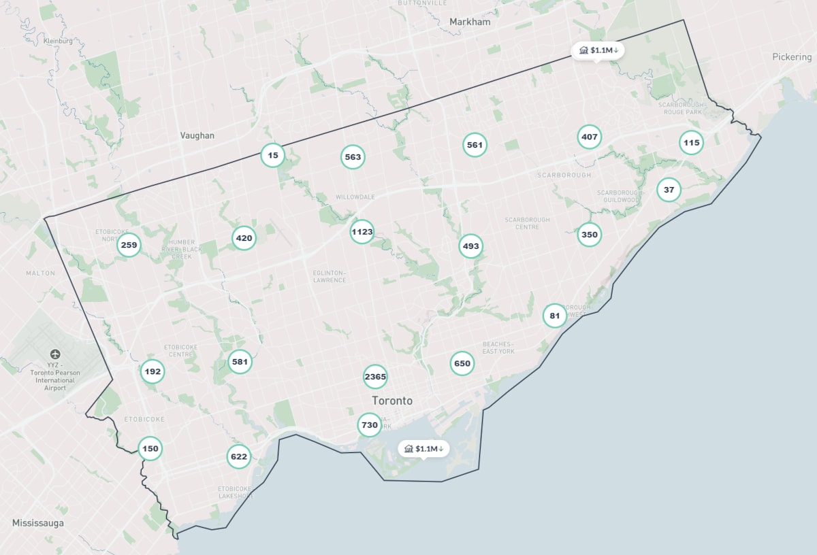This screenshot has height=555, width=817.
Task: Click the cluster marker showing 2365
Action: [375, 377]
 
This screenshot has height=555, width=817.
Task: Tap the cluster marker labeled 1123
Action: [362, 232]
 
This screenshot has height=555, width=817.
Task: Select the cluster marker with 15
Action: [273, 155]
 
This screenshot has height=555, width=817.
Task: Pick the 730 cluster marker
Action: [369, 425]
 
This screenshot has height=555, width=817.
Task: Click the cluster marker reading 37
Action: [669, 190]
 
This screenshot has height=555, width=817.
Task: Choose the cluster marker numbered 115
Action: [691, 143]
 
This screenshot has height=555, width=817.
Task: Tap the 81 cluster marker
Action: [555, 316]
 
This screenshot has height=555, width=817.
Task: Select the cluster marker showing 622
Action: [239, 456]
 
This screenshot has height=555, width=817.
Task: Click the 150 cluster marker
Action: [150, 448]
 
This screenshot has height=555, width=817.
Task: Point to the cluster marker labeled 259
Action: [129, 245]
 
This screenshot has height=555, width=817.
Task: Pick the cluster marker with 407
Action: [590, 137]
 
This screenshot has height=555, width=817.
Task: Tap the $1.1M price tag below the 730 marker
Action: [423, 448]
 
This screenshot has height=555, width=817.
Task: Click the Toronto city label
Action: [392, 401]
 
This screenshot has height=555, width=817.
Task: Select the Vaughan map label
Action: [197, 135]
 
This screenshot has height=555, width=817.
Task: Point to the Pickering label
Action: [792, 57]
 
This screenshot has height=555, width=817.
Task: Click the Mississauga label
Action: [38, 523]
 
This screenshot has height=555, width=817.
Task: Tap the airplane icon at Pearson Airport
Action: [55, 354]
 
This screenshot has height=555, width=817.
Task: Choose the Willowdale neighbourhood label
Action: [355, 197]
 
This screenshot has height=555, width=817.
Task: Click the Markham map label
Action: [470, 22]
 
